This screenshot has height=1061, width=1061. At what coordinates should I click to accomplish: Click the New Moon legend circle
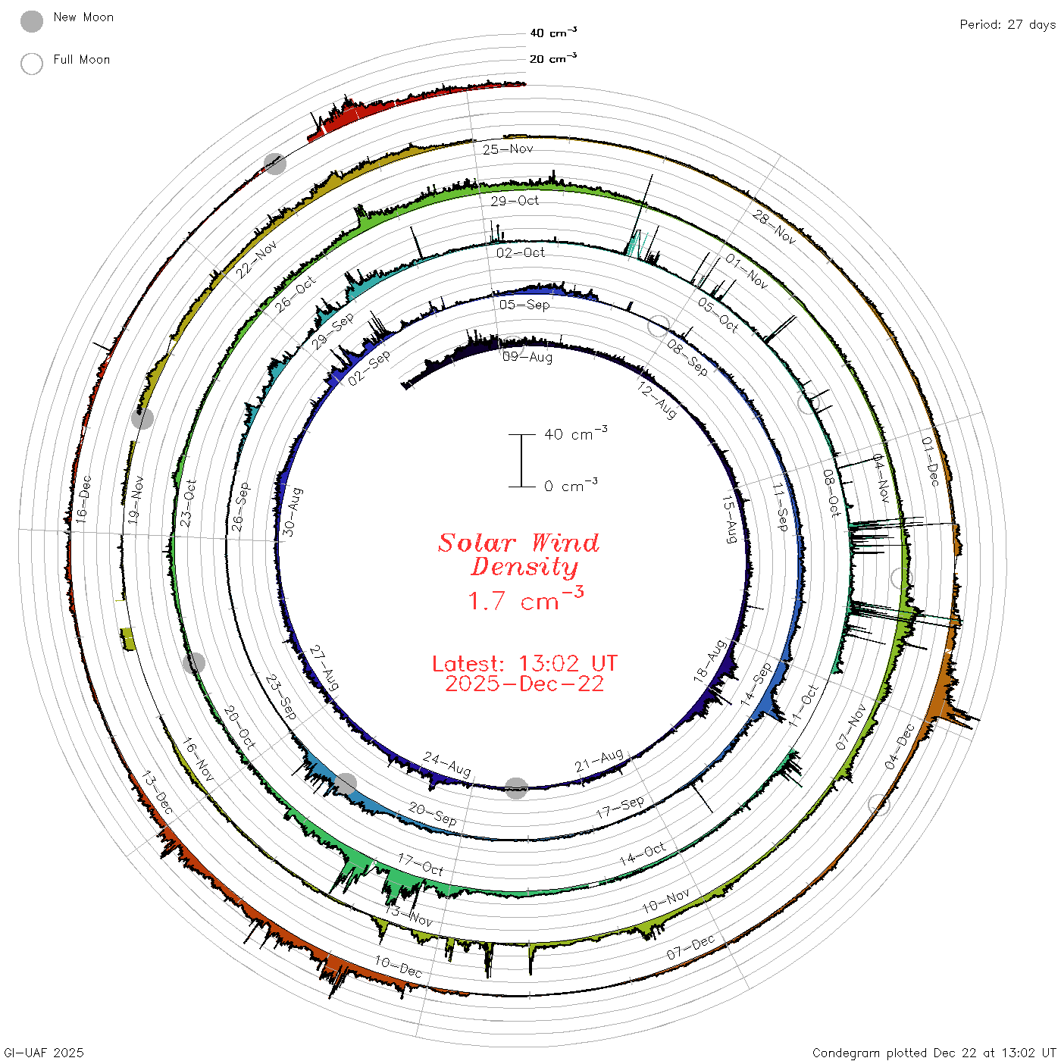[31, 21]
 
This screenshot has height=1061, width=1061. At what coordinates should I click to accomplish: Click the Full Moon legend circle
[31, 64]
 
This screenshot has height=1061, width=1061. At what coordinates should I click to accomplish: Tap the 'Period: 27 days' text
[1007, 25]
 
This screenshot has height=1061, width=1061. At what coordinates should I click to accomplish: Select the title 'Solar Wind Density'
[518, 555]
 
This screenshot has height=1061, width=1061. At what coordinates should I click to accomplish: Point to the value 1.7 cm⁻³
[525, 599]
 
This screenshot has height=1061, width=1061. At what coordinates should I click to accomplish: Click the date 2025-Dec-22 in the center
[524, 684]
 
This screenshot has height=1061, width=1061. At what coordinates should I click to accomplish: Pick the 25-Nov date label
[508, 149]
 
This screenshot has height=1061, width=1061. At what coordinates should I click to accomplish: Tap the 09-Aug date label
[527, 357]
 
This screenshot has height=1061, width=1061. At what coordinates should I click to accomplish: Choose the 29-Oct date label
[515, 200]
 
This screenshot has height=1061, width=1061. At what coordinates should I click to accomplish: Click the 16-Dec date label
[83, 499]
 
